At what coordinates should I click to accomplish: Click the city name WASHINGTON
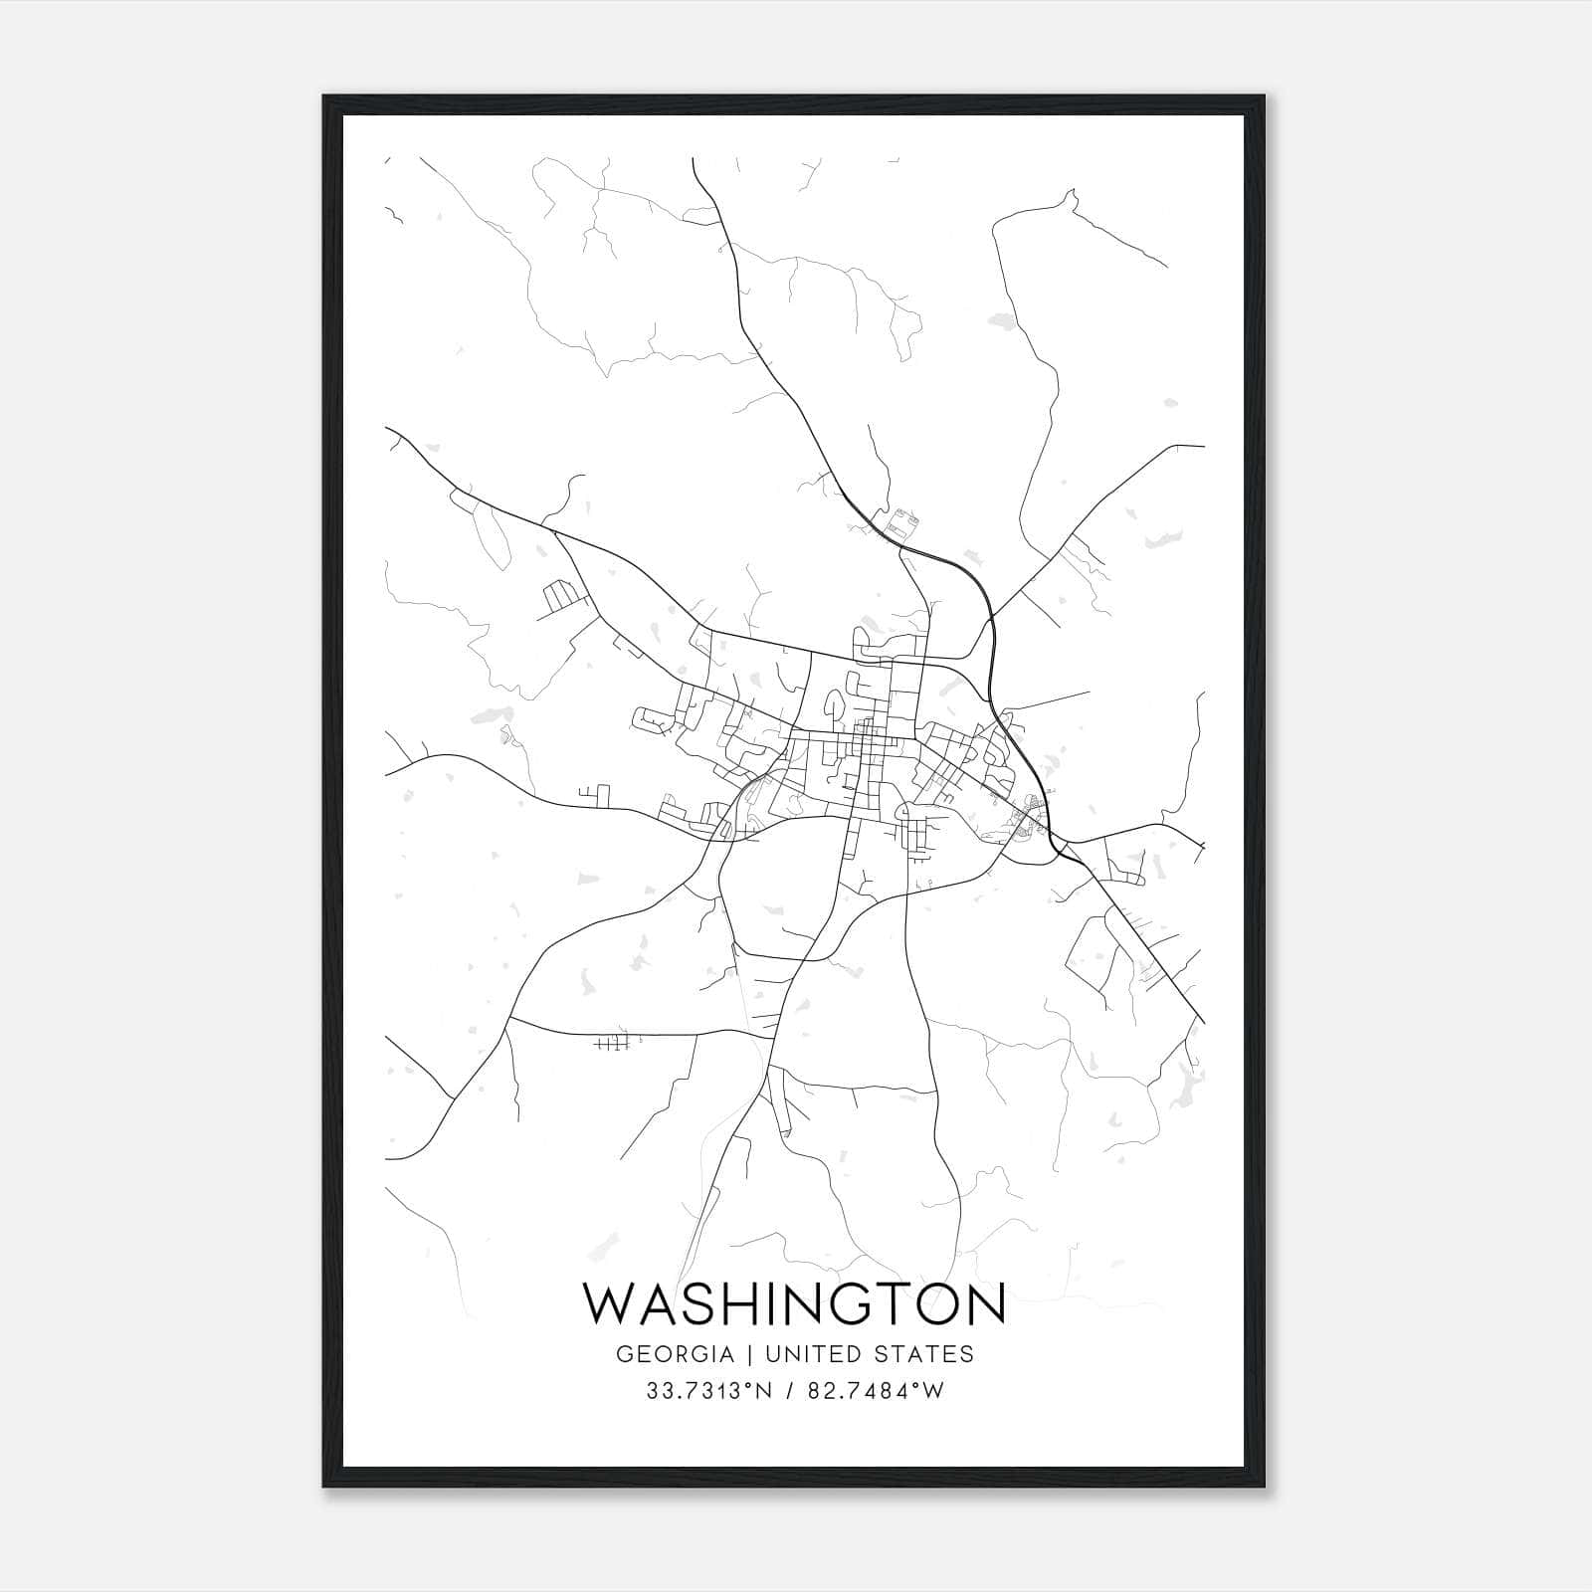[794, 1304]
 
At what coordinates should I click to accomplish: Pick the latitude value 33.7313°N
[709, 1391]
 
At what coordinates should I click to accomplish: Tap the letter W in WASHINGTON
[609, 1304]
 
